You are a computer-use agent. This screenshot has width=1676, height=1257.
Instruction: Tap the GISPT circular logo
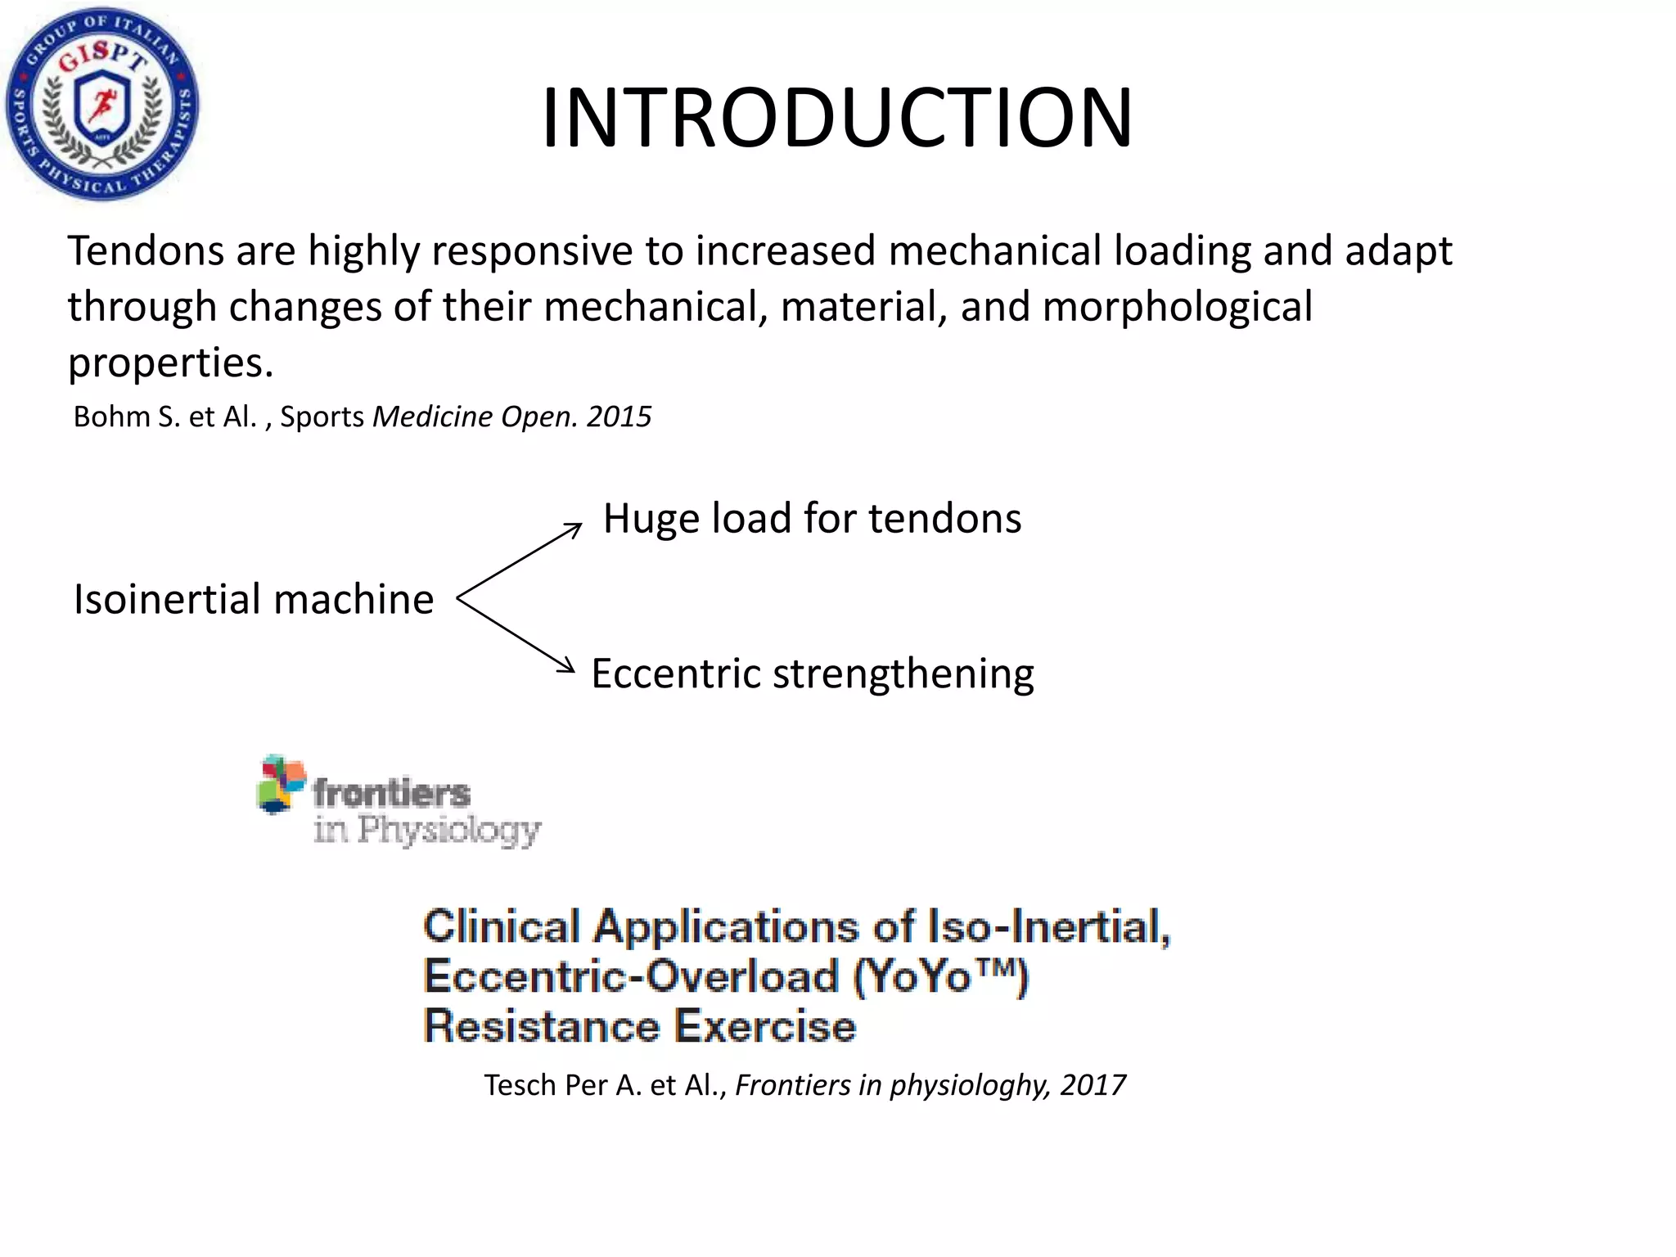point(102,104)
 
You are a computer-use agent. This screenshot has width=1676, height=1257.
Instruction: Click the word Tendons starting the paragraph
point(145,250)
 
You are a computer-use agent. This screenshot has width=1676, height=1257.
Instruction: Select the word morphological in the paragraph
point(1178,308)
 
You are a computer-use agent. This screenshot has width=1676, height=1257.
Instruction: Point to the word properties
point(169,363)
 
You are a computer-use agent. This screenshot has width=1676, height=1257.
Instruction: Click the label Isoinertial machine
point(254,599)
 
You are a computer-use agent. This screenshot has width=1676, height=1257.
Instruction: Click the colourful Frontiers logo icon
point(281,783)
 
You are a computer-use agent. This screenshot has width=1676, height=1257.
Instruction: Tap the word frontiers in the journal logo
point(391,792)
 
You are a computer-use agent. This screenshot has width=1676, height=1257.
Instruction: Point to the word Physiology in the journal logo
point(449,831)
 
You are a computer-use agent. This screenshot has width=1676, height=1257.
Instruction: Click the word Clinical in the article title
point(502,926)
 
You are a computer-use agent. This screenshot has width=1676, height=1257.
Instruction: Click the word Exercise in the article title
point(764,1026)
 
